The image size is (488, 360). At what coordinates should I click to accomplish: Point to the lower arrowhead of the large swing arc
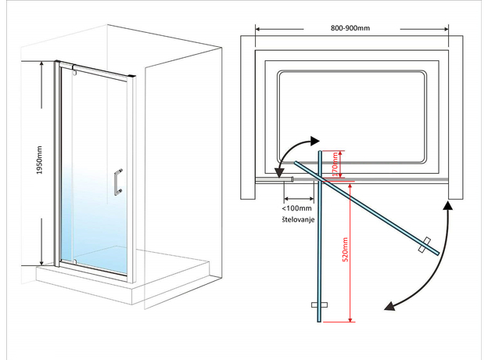point(389,307)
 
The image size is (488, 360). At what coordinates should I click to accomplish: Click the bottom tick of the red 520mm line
point(348,321)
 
